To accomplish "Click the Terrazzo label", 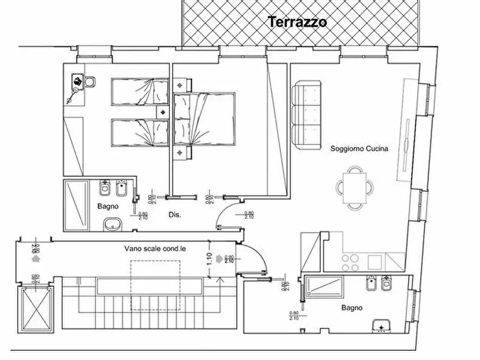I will [x=297, y=22].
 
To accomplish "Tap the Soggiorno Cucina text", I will [x=359, y=149].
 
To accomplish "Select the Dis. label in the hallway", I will [x=174, y=214].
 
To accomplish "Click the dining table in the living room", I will [x=355, y=186].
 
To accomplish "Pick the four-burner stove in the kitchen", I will [x=351, y=262].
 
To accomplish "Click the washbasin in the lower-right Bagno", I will [x=381, y=325].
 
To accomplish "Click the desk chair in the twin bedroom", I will [x=90, y=82].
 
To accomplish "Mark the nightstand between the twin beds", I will [x=163, y=112].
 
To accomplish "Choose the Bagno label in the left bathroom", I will [x=107, y=206].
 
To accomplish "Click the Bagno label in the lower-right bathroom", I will [x=352, y=308].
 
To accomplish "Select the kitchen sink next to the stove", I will [x=375, y=262].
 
